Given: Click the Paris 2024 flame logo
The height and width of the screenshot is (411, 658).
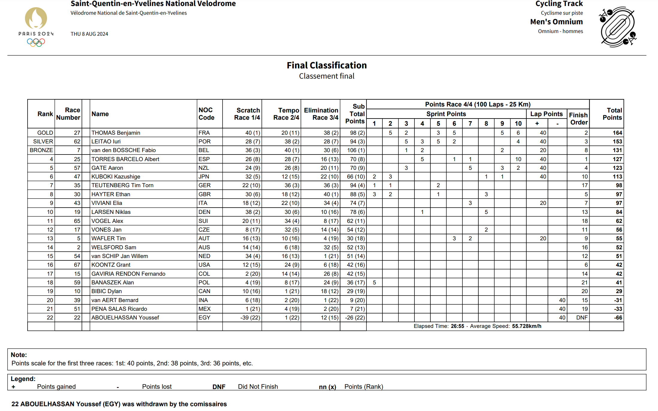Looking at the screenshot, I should click(x=36, y=26).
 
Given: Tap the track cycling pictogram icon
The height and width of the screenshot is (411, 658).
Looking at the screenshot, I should click(x=618, y=27).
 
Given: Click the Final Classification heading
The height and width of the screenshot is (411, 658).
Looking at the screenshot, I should click(x=327, y=65).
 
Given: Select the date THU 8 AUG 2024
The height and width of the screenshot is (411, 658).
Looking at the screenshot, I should click(x=89, y=34).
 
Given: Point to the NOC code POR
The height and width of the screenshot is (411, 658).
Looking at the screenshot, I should click(x=205, y=141).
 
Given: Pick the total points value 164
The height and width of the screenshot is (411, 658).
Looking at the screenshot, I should click(x=617, y=133).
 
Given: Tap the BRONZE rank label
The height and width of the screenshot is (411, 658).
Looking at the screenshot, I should click(x=41, y=150).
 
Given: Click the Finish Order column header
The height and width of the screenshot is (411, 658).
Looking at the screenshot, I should click(x=579, y=119).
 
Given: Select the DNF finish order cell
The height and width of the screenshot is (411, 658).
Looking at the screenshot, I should click(x=582, y=317).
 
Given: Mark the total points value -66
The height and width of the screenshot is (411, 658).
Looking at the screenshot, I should click(x=618, y=317).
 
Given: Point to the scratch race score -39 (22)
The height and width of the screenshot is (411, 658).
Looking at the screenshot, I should click(x=250, y=317).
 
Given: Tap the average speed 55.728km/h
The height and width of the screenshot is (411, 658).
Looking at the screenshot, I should click(x=527, y=326).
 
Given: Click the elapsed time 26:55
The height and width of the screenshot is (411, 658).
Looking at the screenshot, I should click(x=457, y=326).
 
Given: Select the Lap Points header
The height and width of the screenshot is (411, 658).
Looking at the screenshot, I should click(x=546, y=114).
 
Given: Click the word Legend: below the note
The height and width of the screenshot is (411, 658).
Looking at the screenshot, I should click(x=23, y=379).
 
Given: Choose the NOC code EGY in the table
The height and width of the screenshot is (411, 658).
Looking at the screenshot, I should click(x=204, y=317).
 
